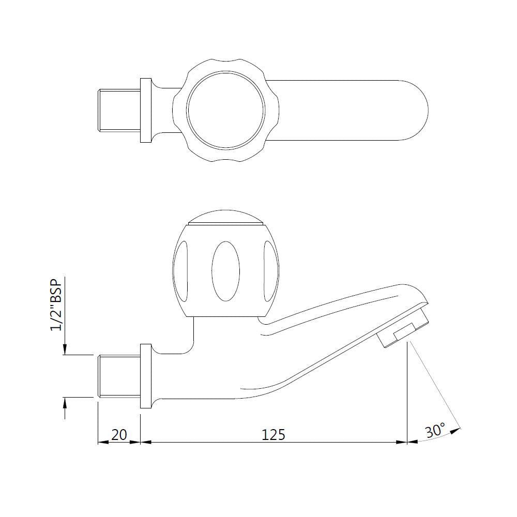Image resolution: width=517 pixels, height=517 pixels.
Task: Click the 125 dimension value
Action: click(x=273, y=434)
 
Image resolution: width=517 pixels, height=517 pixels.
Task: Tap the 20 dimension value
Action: click(x=119, y=434)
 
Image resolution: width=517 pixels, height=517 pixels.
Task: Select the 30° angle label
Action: click(x=435, y=430)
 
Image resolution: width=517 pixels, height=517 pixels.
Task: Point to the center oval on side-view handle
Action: click(x=226, y=270)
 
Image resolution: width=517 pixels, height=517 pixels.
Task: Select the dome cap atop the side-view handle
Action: click(x=226, y=217)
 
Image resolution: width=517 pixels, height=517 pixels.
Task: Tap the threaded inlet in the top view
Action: click(x=119, y=110)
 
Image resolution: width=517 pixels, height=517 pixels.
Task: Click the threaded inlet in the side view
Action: click(x=119, y=376)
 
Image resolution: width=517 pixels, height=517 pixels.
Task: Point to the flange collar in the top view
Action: click(x=146, y=110)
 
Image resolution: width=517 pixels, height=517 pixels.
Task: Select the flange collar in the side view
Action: click(x=146, y=376)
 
